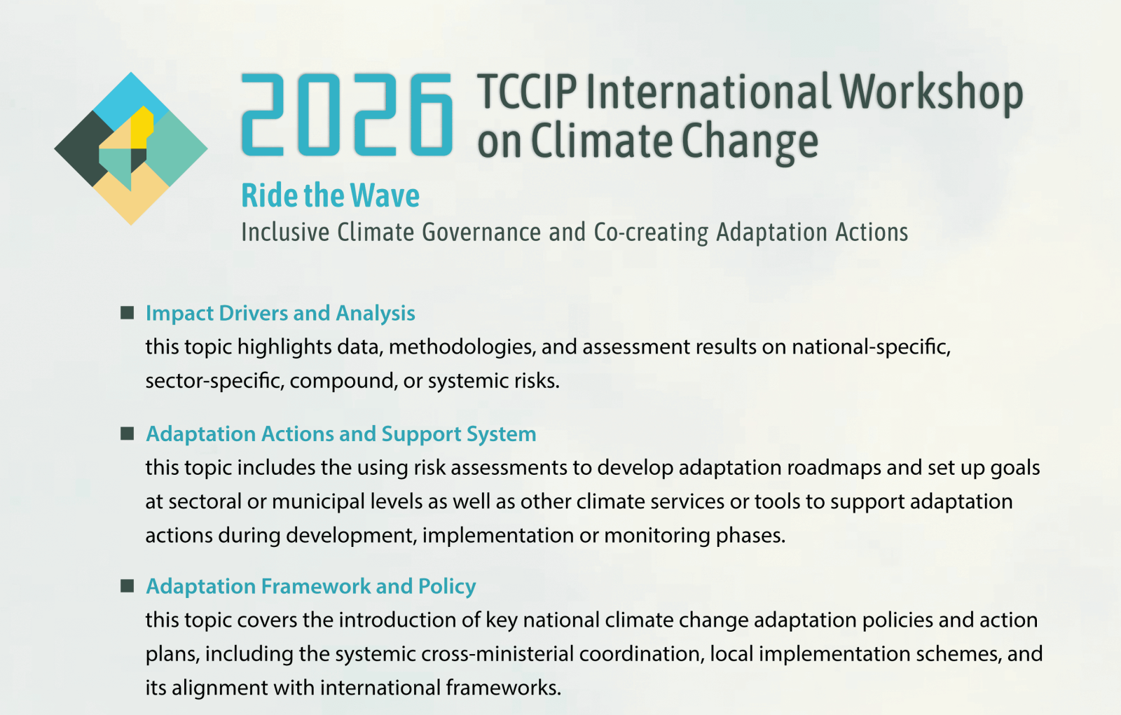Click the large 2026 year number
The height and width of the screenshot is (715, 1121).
coord(348,115)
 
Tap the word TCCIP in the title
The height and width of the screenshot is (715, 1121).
coord(527,92)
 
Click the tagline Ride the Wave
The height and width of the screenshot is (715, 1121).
coord(330,195)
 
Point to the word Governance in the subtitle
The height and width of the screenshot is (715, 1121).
coord(481,232)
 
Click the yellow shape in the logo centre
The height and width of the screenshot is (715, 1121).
coord(142,127)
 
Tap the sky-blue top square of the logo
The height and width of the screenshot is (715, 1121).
coord(131,100)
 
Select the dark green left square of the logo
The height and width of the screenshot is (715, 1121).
coord(83,148)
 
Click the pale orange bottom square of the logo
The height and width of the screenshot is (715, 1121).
coord(131,197)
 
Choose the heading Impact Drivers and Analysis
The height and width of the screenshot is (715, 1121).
coord(280,313)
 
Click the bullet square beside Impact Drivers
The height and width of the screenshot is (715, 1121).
coord(127,313)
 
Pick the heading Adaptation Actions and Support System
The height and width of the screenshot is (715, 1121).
coord(341,433)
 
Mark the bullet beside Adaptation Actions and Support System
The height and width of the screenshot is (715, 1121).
coord(127,433)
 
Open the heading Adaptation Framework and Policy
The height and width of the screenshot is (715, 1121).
coord(311,586)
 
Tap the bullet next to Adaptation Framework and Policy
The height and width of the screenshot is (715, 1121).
coord(127,586)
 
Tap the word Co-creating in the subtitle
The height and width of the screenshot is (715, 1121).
coord(651,232)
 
